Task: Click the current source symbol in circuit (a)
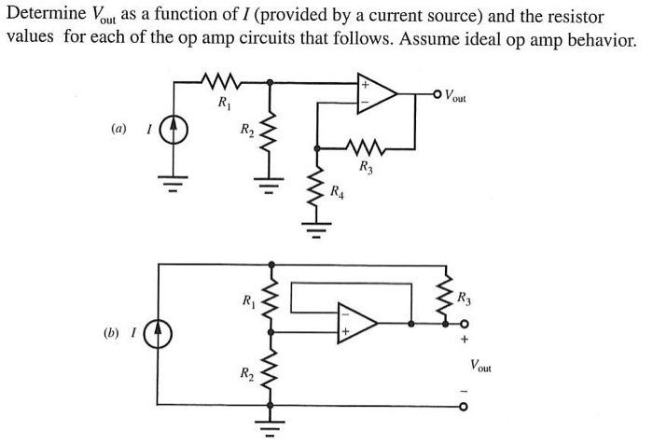coord(174,130)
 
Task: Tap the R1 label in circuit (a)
coord(224,102)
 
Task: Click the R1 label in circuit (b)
coord(248,300)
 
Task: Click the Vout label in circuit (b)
coord(482,365)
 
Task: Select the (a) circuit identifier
coord(118,129)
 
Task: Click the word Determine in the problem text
coord(46,17)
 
